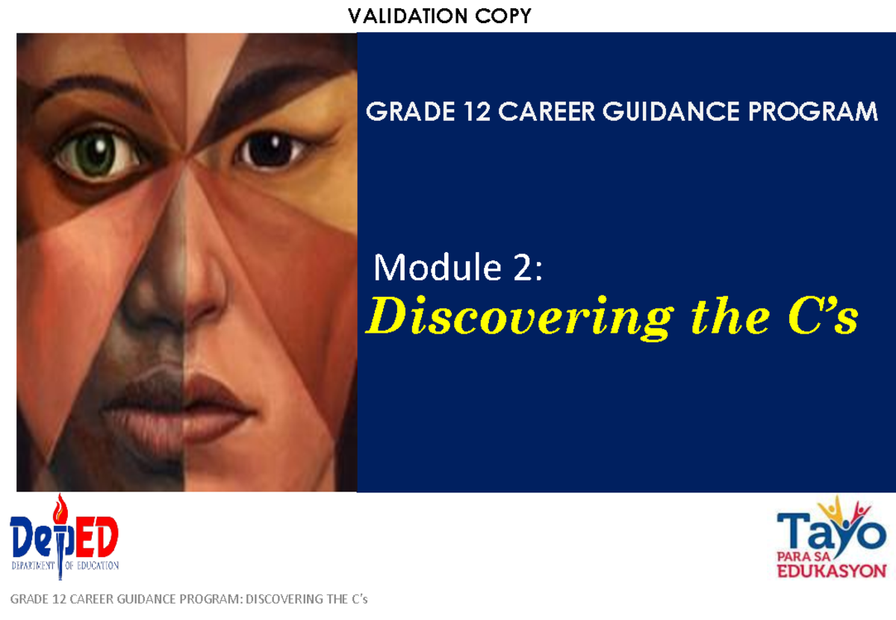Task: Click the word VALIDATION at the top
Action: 408,16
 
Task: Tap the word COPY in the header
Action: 503,16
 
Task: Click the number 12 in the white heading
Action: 477,111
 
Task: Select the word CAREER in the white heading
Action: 547,111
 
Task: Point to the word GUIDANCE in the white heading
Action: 671,111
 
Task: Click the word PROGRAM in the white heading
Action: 813,111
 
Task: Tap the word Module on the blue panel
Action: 438,267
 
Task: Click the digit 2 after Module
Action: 523,268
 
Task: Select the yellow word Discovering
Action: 520,318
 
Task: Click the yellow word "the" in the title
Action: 731,316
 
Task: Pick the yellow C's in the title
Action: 823,316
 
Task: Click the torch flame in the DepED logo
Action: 60,507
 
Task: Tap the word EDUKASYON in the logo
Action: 832,571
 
